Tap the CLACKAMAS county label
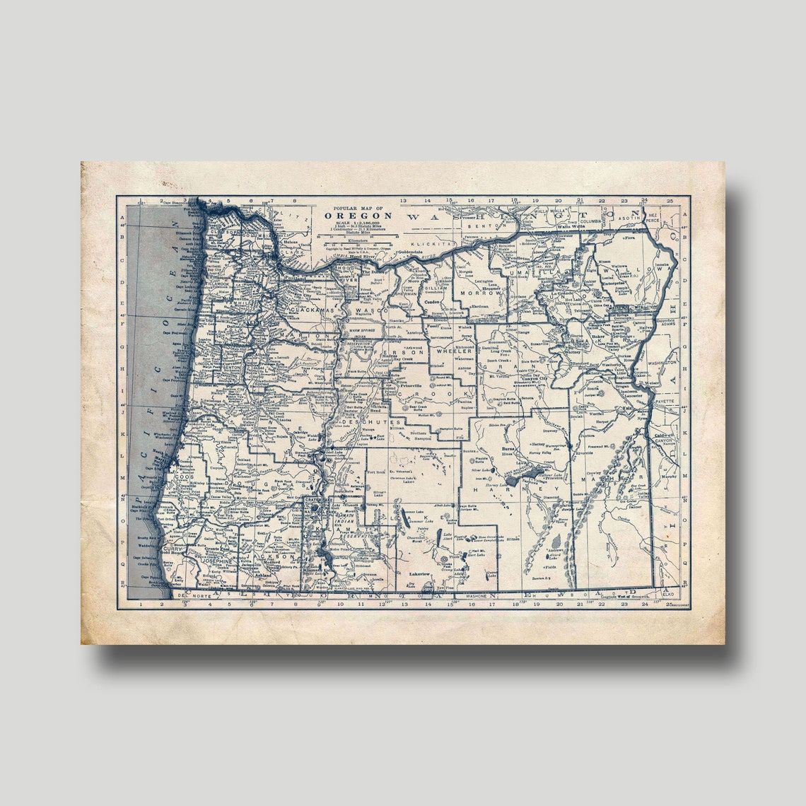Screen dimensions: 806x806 coord(310,310)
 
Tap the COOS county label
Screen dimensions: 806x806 coord(185,477)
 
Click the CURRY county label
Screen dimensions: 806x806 coord(173,549)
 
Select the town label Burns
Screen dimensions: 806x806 coord(506,449)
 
